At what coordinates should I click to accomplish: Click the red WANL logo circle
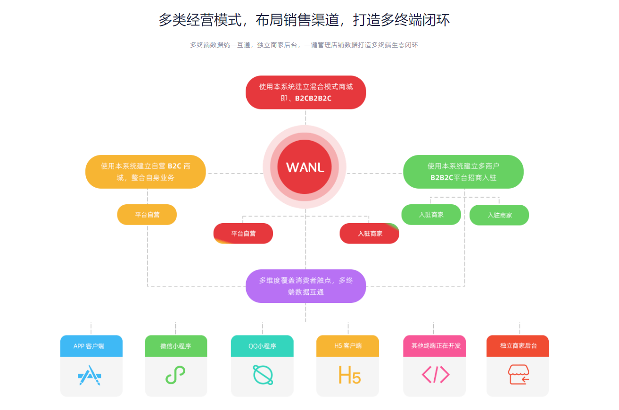coord(305,167)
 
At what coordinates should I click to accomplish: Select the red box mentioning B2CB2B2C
coord(305,92)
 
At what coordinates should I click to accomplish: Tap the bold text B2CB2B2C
coord(313,99)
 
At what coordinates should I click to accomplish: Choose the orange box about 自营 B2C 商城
coord(146,172)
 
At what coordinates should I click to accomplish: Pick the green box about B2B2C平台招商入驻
coord(463,172)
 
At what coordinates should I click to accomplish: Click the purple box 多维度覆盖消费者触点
coord(305,286)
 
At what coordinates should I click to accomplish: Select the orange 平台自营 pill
coord(147,215)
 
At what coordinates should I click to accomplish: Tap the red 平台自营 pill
coord(243,234)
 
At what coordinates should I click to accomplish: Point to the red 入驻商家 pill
coord(370,234)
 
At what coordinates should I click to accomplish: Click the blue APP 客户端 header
coord(91,346)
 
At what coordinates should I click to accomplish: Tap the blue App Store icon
coord(90,376)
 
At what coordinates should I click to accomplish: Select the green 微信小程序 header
coord(176,346)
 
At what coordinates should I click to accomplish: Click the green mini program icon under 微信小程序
coord(175,376)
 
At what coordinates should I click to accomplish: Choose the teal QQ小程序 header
coord(262,346)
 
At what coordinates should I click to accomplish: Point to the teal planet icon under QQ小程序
coord(263,375)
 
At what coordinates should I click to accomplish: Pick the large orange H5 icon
coord(349,375)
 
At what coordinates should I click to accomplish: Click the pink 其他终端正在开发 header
coord(435,346)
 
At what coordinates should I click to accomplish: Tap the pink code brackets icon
coord(435,375)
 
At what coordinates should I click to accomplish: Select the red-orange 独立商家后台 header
coord(518,346)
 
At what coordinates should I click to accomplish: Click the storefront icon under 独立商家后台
coord(518,375)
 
